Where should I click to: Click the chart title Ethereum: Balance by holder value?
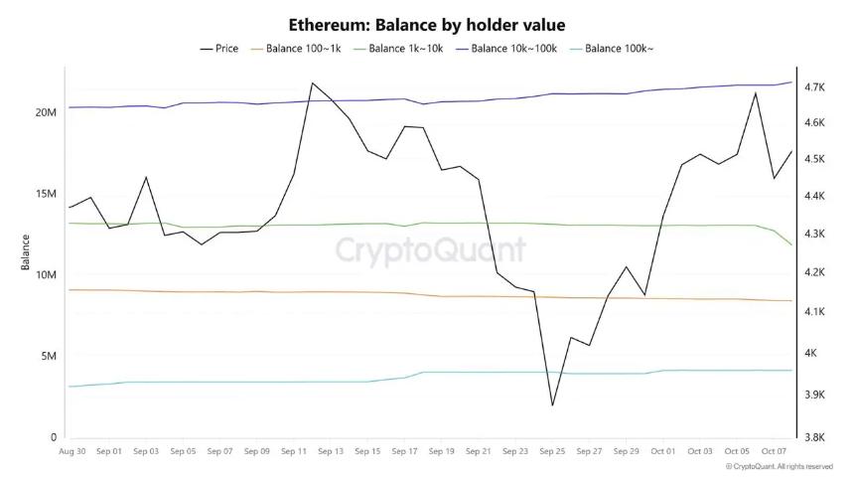coord(426,24)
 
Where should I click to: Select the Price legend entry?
coord(219,48)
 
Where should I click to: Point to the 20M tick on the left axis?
coord(46,112)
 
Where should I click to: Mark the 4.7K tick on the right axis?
coord(815,87)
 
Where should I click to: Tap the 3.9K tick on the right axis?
coord(815,395)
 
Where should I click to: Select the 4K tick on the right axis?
coord(811,353)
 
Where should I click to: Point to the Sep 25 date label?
coord(552,451)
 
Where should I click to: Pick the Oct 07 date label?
coord(775,451)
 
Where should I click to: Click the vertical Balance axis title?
coord(26,252)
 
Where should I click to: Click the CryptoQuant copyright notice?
coord(779,466)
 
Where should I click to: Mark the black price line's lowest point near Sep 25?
coord(552,405)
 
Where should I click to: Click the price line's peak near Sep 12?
coord(313,82)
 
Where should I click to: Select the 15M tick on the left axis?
coord(46,194)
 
